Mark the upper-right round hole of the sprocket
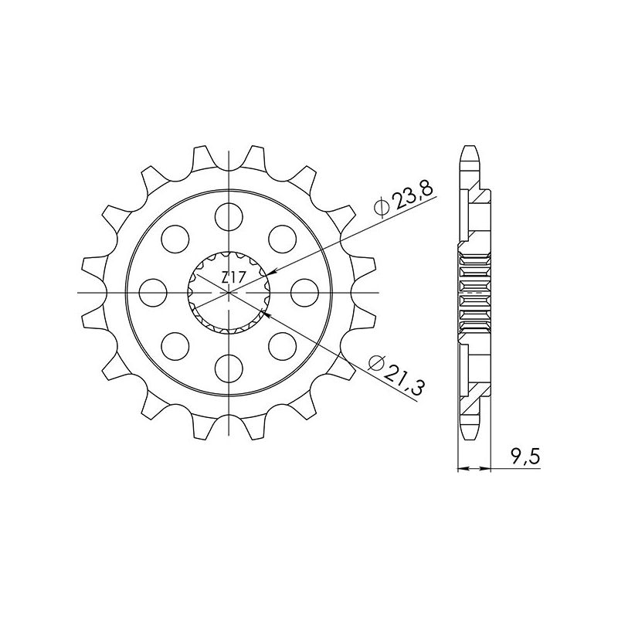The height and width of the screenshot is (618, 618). [x=283, y=236]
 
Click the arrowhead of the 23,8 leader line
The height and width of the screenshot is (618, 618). [x=268, y=271]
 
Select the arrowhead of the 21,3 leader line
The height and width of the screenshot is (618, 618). [x=266, y=314]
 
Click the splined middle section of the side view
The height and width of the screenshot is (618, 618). [x=475, y=294]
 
